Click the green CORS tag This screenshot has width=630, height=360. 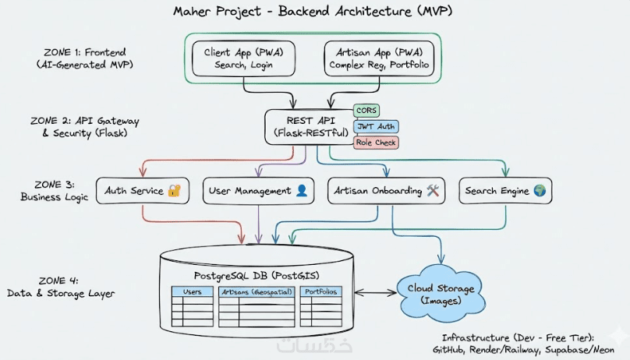[366, 111]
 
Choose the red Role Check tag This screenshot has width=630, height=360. [376, 143]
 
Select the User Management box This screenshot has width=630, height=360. [258, 191]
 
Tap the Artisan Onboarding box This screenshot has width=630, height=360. [387, 191]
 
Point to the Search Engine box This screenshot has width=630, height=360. [504, 191]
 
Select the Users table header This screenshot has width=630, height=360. [192, 292]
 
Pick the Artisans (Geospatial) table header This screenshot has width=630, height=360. [257, 292]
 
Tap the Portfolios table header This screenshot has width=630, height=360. [321, 292]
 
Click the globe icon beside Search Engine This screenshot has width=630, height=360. [539, 191]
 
